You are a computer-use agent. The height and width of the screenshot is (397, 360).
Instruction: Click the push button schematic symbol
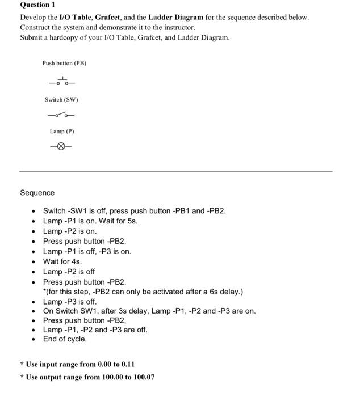(62, 82)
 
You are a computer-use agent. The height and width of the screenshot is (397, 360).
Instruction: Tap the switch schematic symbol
(61, 115)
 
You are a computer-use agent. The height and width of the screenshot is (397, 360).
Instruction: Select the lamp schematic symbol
(61, 146)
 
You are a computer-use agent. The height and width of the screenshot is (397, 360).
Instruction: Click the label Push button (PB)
(64, 63)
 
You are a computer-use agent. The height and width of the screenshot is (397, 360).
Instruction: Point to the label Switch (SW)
(61, 100)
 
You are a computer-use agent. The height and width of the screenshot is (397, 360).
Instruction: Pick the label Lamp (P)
(62, 131)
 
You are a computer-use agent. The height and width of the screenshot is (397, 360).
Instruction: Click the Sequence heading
(37, 193)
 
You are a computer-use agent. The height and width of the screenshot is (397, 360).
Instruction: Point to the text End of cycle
(65, 339)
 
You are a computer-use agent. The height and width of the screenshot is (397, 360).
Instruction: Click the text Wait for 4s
(62, 261)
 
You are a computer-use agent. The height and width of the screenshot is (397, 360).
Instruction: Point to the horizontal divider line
(175, 171)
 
